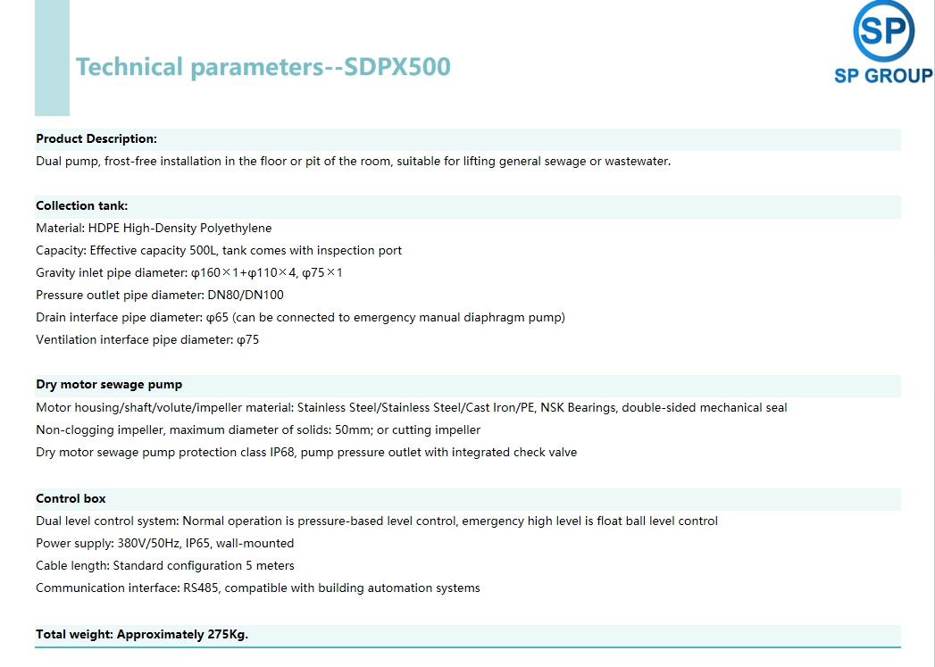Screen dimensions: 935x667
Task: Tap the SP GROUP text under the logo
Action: (884, 76)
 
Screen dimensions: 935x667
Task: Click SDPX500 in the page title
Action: (397, 67)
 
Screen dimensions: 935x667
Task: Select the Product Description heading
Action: (96, 139)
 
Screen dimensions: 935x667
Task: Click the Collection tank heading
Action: (81, 205)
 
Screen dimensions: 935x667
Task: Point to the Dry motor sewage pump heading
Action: (109, 385)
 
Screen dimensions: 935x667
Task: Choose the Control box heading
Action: (71, 498)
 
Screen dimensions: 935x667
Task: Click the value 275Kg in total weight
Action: (227, 634)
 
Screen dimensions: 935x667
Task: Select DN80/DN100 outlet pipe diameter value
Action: (246, 295)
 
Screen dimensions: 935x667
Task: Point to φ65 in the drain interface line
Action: (218, 318)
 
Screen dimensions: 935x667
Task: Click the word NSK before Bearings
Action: (552, 408)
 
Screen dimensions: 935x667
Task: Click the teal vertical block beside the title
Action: (52, 58)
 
